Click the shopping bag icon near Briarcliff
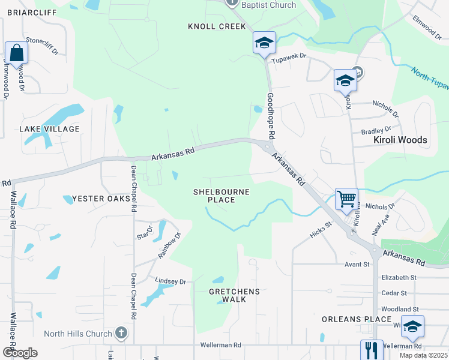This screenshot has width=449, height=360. coord(16,53)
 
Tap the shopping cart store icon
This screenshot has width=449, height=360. coord(346,198)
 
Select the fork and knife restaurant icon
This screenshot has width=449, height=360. coord(372,350)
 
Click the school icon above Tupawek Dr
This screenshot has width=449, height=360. coord(264,43)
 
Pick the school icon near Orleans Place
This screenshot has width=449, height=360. coord(412,326)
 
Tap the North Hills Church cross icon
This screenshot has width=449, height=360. coord(121,333)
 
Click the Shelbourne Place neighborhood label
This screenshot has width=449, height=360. coord(221,196)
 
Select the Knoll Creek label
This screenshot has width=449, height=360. coord(217,26)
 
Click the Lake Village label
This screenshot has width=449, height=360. coord(49,129)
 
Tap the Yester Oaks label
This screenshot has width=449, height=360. coord(101,199)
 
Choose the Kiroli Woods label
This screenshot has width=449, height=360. coord(400,140)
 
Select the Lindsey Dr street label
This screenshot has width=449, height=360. coord(171,281)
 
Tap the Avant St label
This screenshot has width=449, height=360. coord(357,264)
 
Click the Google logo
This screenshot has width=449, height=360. coord(20,353)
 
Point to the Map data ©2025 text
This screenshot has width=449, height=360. coord(423,355)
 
